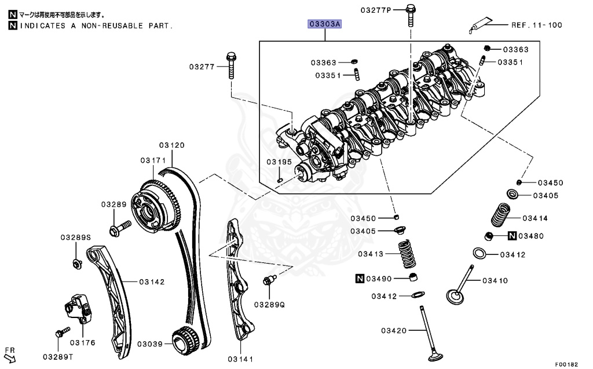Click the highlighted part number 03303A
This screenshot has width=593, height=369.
point(325,24)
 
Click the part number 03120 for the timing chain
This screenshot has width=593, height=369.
point(172,145)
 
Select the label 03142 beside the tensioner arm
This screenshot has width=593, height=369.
point(152,282)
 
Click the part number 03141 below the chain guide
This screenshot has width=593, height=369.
point(240,360)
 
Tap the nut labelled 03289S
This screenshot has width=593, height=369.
point(76,264)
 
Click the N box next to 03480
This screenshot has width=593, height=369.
point(513,236)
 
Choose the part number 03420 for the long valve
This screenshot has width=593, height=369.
point(394,331)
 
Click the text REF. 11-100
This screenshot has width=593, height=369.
point(536,25)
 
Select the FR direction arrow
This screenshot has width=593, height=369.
point(10,359)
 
